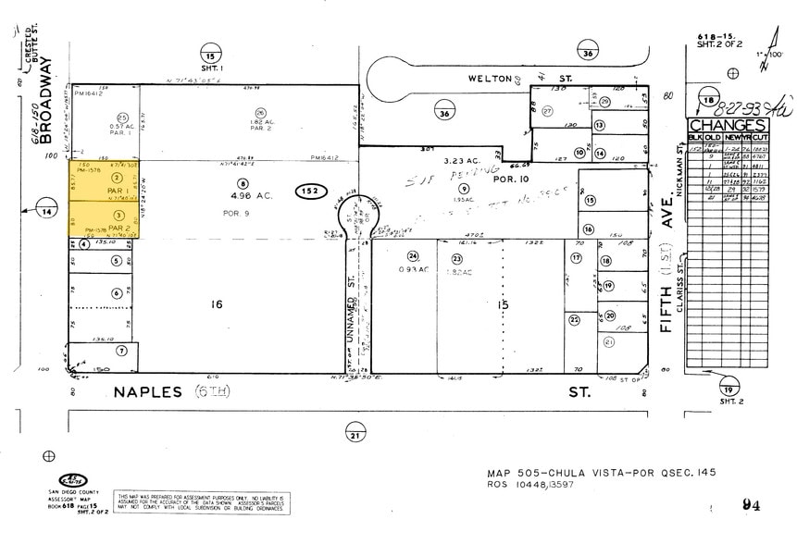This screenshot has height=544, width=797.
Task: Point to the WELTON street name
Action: click(488, 79)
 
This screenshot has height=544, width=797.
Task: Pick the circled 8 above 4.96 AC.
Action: click(243, 183)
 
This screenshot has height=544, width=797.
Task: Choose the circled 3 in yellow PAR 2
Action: click(117, 215)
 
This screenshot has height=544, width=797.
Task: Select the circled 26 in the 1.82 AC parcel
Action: click(261, 113)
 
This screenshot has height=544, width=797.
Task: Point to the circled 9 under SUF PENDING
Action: click(465, 189)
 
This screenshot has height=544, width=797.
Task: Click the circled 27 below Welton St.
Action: click(547, 111)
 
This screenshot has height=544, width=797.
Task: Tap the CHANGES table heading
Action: click(727, 127)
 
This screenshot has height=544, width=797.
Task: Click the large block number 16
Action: click(218, 303)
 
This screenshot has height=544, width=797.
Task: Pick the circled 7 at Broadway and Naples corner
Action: click(120, 352)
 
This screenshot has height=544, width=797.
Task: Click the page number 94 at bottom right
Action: click(753, 504)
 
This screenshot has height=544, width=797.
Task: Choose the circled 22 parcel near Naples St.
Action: click(574, 319)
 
